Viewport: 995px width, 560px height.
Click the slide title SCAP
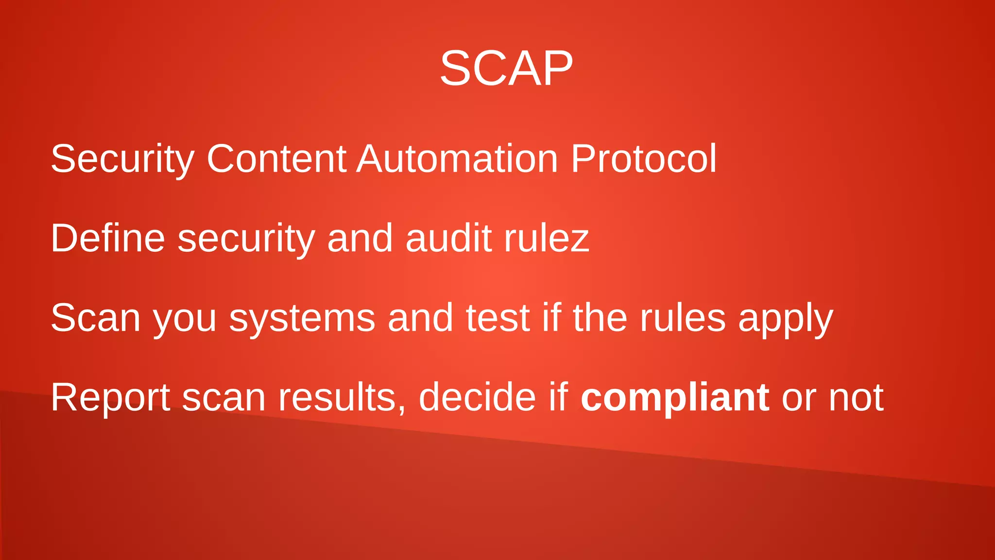tap(506, 69)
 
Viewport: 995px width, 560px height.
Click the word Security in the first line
tap(122, 159)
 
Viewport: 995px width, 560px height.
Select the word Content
tap(276, 158)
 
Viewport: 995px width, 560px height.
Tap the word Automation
tap(457, 158)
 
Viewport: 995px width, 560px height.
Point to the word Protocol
tap(643, 158)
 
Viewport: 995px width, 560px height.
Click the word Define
tap(108, 238)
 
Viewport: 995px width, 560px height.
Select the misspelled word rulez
tap(547, 238)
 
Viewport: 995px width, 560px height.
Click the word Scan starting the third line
tap(96, 318)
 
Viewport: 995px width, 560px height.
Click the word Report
tap(110, 398)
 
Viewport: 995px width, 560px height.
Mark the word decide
tap(477, 397)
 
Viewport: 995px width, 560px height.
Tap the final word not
tap(856, 398)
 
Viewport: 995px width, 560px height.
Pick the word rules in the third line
tap(683, 318)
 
